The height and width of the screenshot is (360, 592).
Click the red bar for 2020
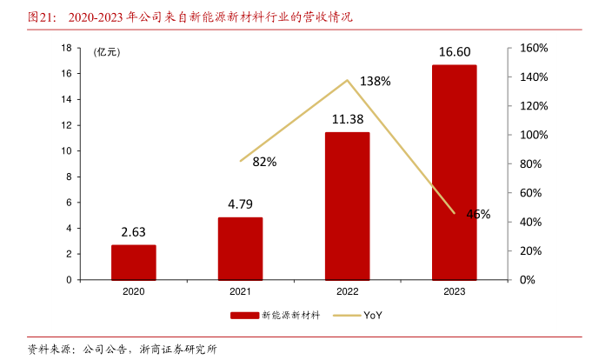click(x=133, y=263)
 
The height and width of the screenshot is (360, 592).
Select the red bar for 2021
click(x=240, y=249)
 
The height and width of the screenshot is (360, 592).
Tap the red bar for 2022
click(x=347, y=206)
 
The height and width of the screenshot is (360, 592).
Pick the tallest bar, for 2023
click(x=454, y=172)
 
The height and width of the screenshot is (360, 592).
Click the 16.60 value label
click(x=454, y=53)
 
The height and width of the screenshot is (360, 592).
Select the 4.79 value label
click(x=240, y=205)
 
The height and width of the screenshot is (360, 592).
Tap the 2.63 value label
click(x=133, y=232)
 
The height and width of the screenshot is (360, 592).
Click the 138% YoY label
click(x=375, y=81)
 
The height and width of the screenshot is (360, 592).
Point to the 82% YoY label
click(x=264, y=162)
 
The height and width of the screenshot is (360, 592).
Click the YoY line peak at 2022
click(x=348, y=80)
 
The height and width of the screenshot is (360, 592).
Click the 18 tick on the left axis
click(x=66, y=48)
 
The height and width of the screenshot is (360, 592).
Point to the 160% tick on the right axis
click(x=533, y=48)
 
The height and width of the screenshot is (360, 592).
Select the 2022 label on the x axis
click(x=347, y=293)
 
